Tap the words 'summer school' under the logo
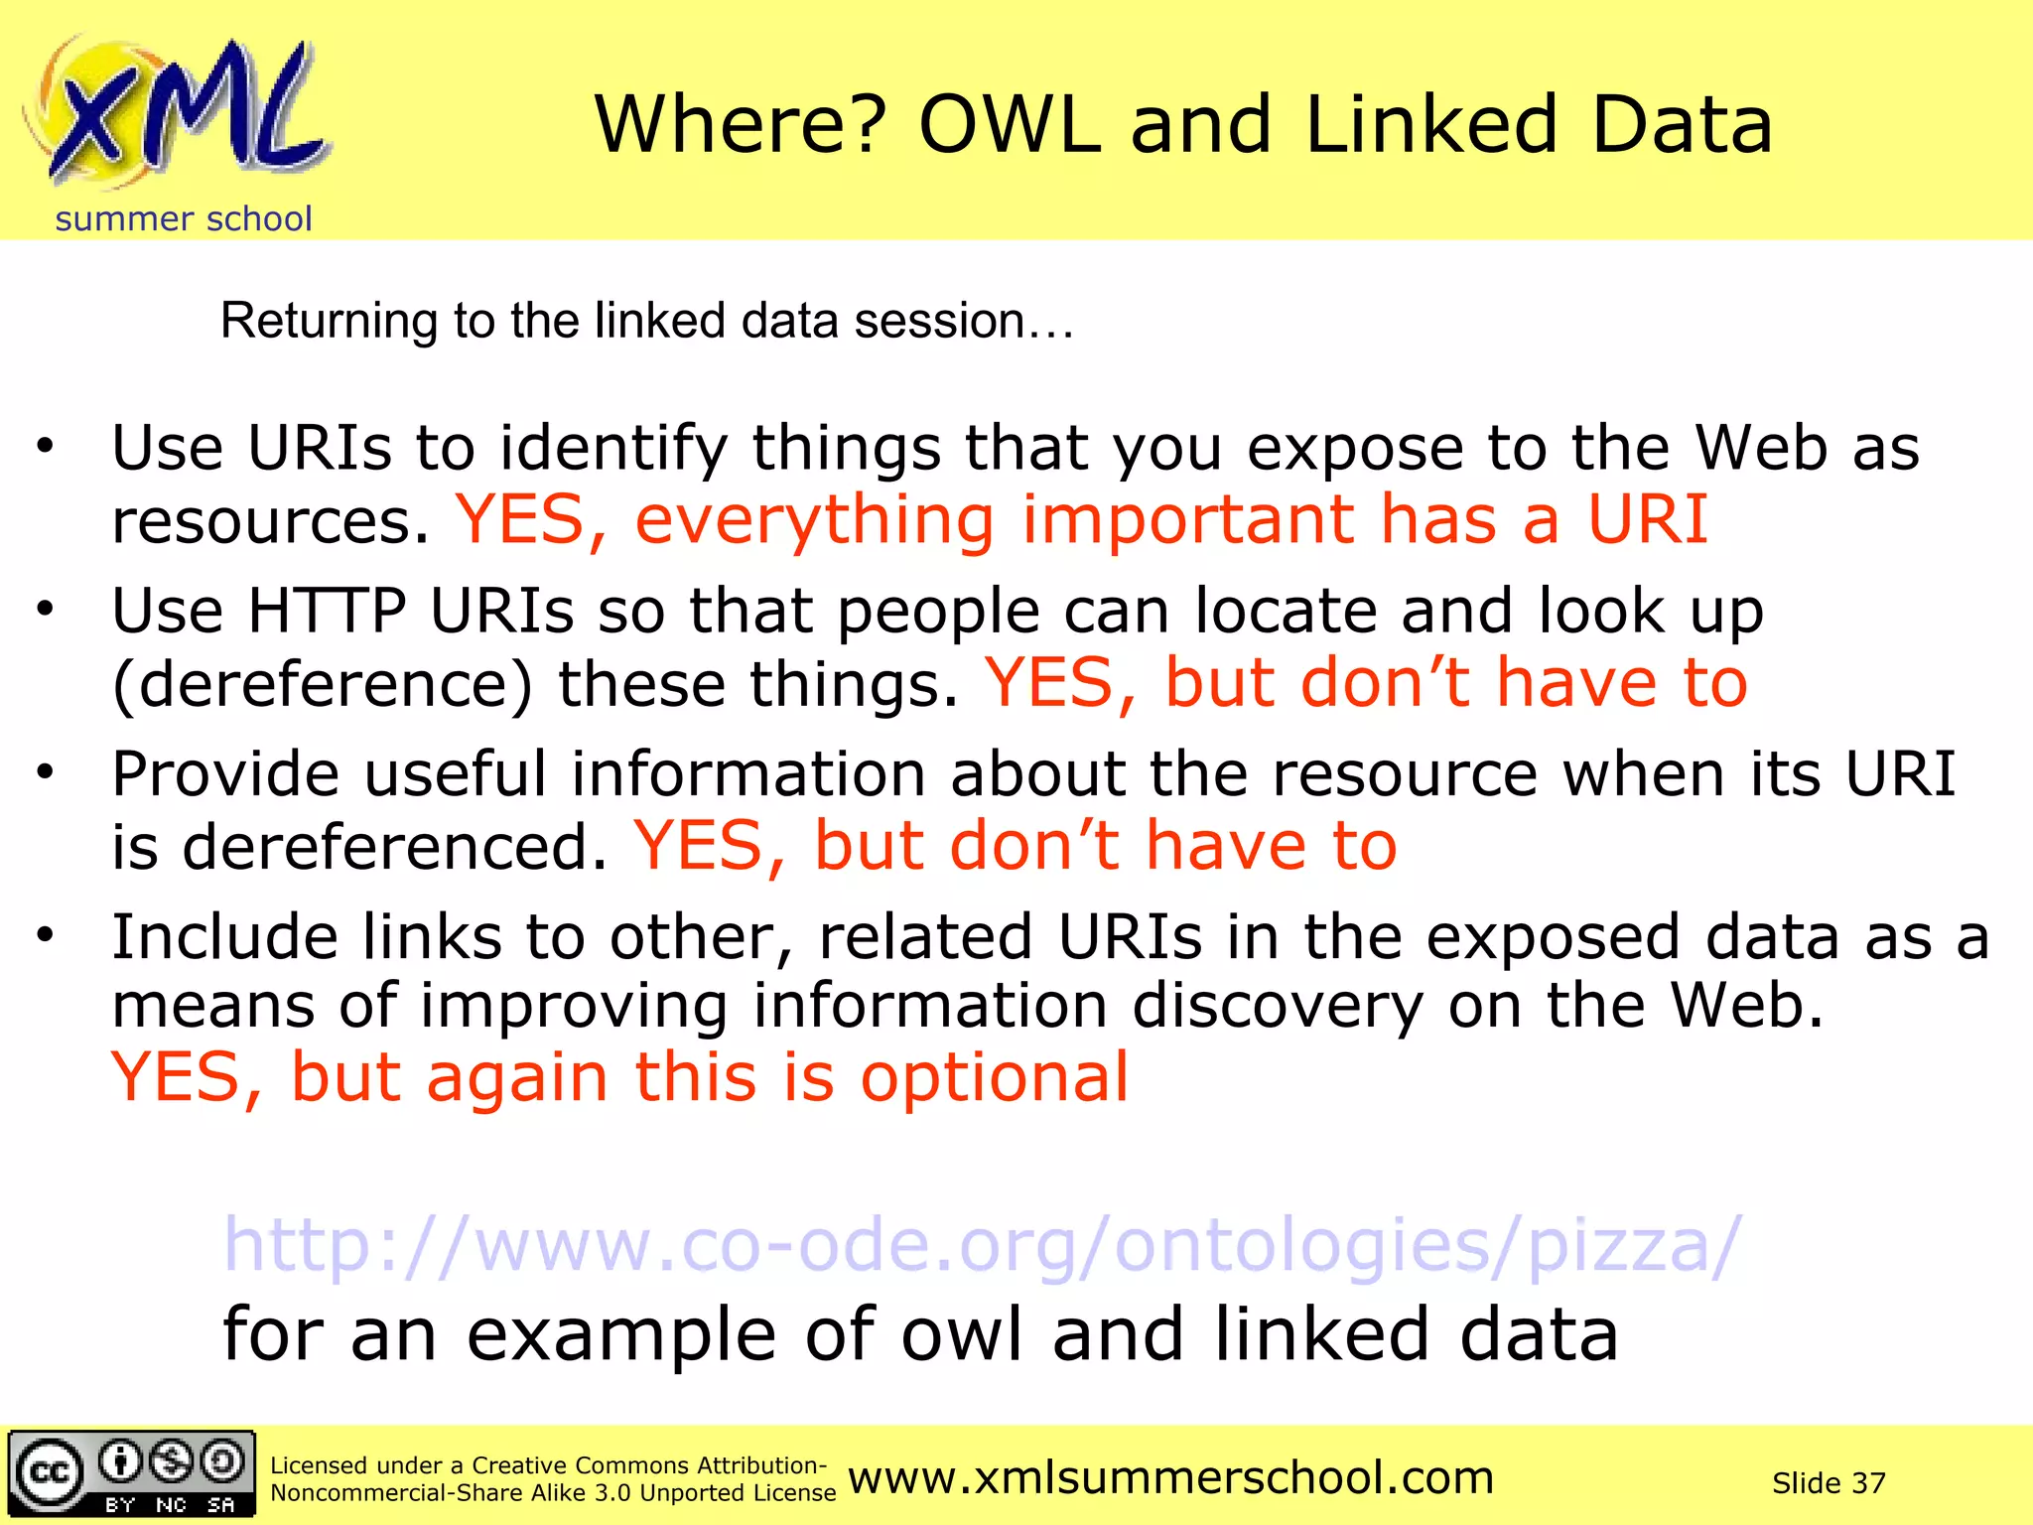tap(184, 218)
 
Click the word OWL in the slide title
tap(1010, 126)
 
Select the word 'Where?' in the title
tap(741, 126)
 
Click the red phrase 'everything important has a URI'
tap(1171, 519)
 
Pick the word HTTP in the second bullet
tap(327, 610)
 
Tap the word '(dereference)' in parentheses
tap(323, 684)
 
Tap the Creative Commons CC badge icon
tap(131, 1473)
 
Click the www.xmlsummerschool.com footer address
tap(1171, 1477)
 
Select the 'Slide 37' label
tap(1829, 1483)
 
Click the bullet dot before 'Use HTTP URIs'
tap(45, 608)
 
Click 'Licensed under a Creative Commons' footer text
tap(548, 1465)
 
